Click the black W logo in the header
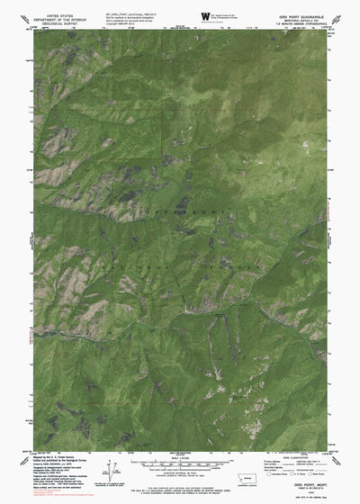(205, 16)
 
